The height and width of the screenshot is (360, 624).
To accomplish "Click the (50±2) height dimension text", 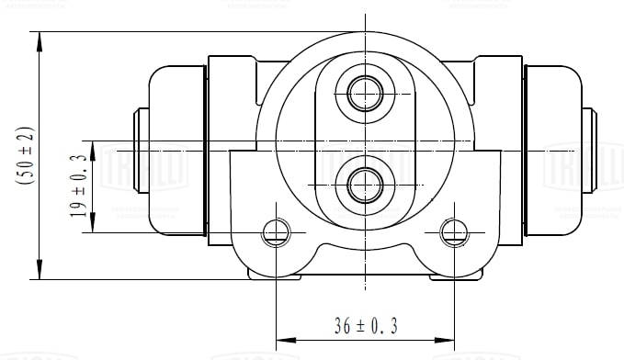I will coord(25,155).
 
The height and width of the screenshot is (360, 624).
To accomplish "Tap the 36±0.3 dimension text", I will coord(365,325).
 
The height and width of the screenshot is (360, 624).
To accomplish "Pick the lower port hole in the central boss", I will coord(365,182).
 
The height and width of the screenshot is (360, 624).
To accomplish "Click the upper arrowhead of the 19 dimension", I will coord(93,150).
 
